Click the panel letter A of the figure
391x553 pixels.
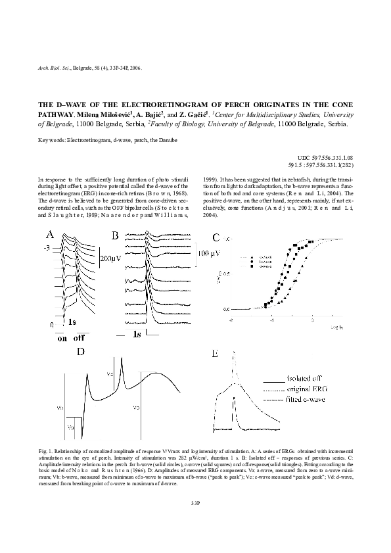(49, 234)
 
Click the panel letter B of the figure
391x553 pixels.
(114, 235)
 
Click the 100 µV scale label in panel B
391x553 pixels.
(211, 253)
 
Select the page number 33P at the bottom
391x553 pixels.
(195, 502)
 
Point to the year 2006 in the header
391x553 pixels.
(135, 68)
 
